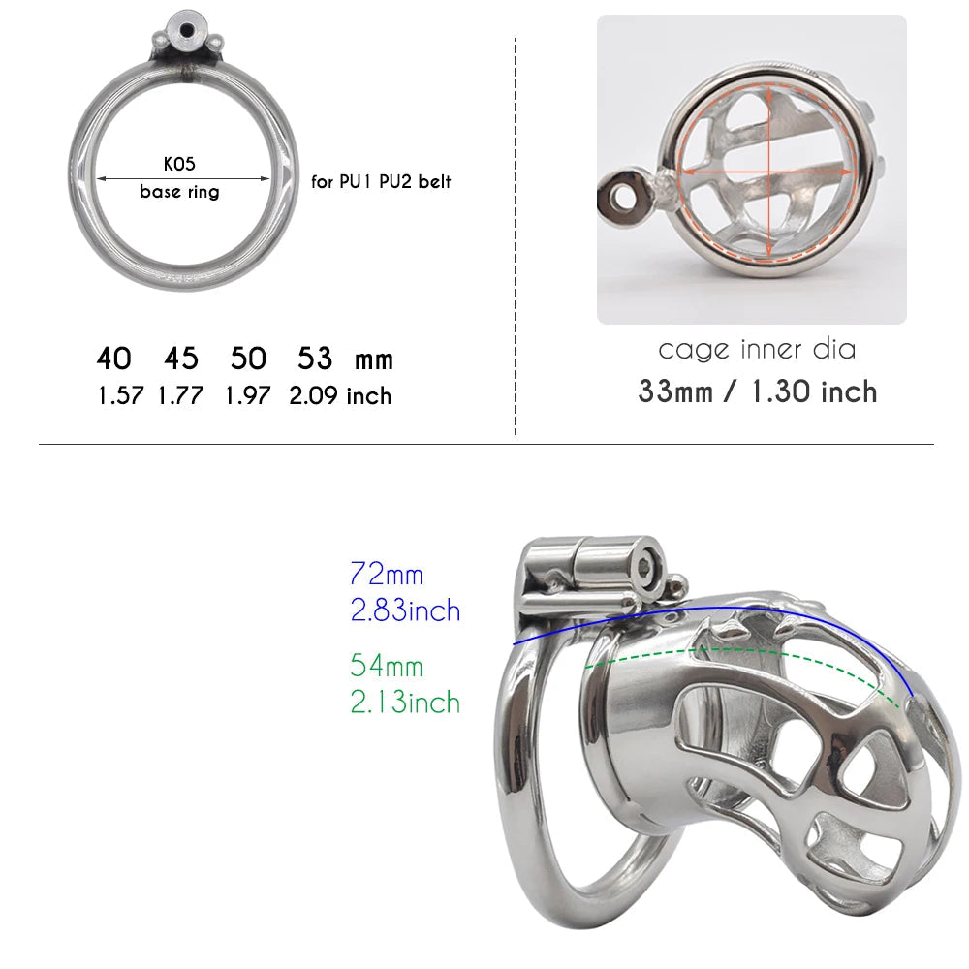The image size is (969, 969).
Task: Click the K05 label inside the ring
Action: point(179,164)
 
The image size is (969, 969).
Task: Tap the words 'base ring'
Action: point(179,192)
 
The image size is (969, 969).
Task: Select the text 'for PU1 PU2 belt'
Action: point(381,182)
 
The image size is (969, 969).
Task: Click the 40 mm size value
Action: point(113,359)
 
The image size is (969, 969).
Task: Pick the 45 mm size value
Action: point(181,359)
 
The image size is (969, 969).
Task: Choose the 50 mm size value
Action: point(248,359)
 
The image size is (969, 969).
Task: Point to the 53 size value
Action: point(315,359)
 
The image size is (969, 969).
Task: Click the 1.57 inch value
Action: point(121,395)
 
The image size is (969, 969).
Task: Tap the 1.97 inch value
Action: point(248,395)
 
